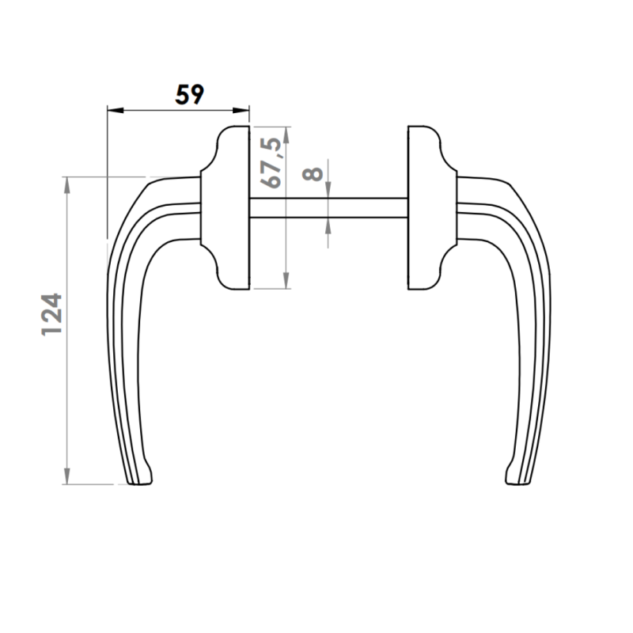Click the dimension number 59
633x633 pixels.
coord(189,94)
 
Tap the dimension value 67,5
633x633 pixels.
coord(271,163)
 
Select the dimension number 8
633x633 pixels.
coord(313,173)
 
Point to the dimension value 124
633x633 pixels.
coord(51,314)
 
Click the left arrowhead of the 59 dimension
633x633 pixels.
coord(115,110)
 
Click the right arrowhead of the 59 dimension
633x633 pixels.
coord(241,110)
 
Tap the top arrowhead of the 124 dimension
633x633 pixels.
coord(67,184)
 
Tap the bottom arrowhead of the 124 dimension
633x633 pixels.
coord(67,476)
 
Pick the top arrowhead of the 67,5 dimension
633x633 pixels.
coord(286,135)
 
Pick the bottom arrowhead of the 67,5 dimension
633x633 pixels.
coord(286,281)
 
